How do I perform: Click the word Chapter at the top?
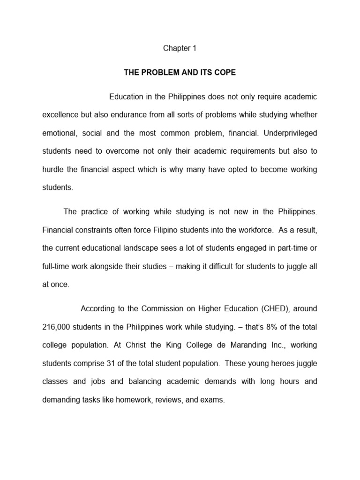[x=174, y=48]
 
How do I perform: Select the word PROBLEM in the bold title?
[x=160, y=73]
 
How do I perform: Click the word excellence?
[x=61, y=115]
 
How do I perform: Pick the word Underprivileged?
[x=291, y=133]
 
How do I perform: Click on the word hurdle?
[x=53, y=169]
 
